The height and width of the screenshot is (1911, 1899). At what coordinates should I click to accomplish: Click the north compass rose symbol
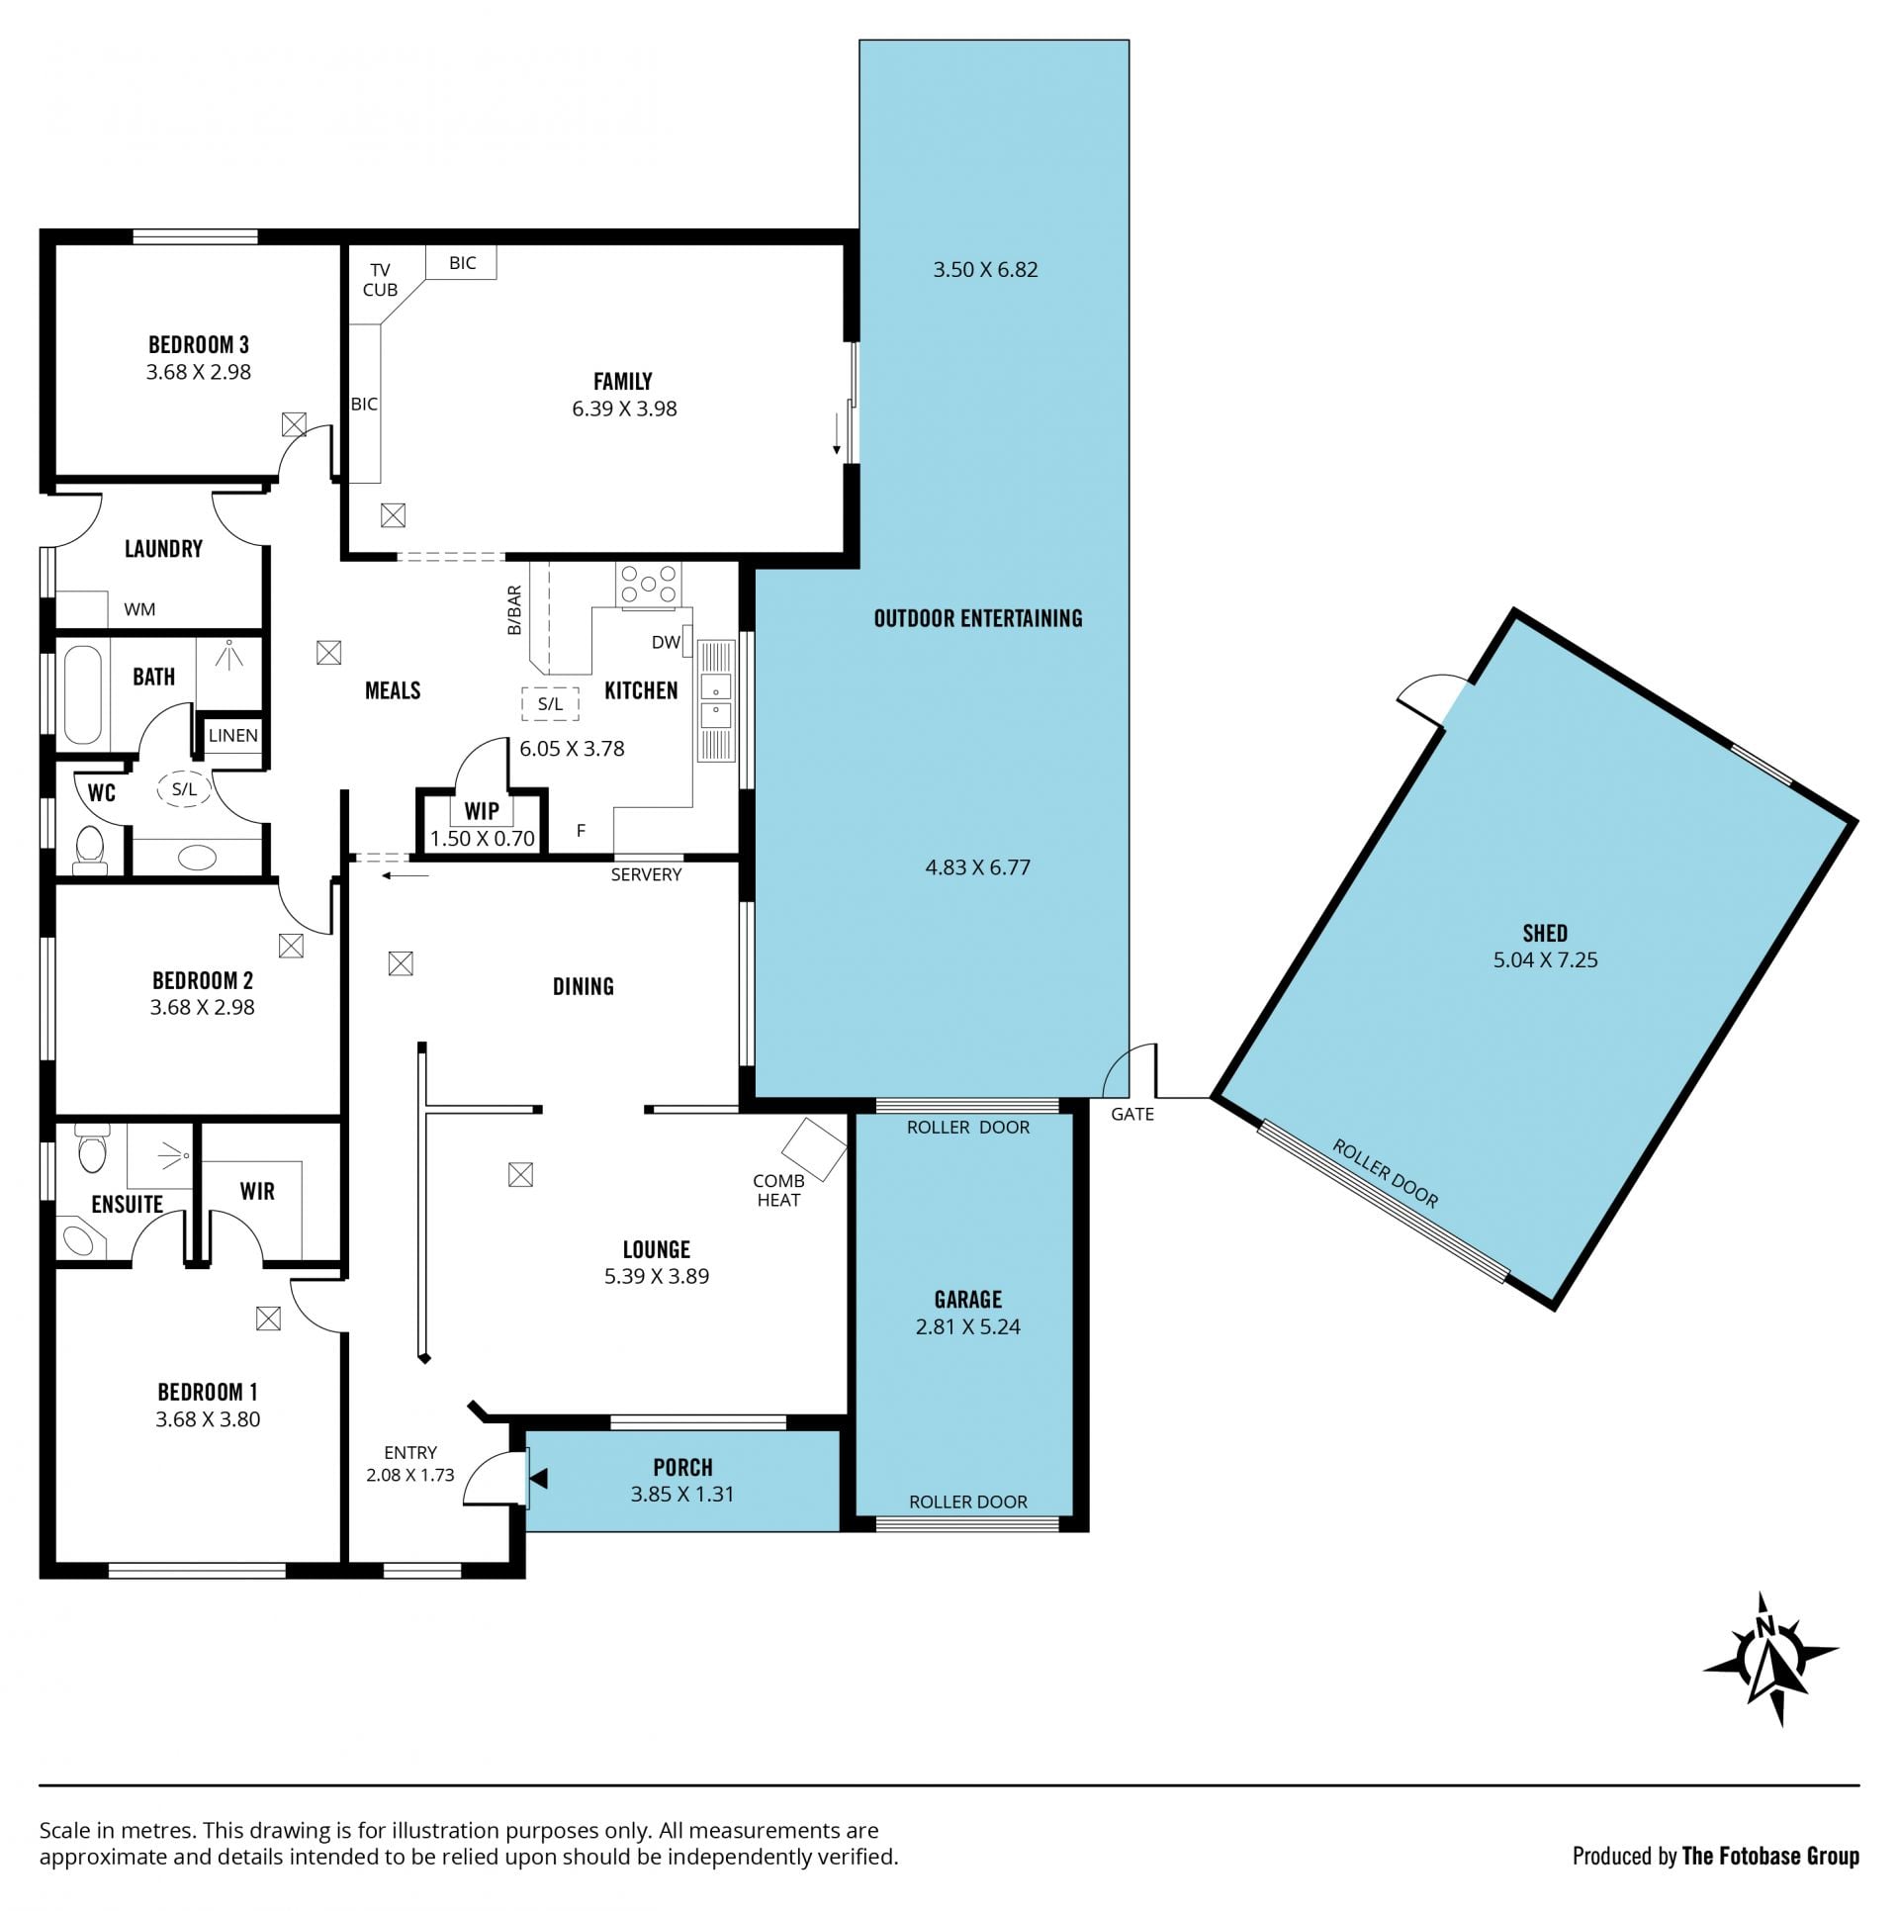1769,1671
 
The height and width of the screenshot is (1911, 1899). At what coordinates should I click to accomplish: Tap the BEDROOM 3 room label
199,345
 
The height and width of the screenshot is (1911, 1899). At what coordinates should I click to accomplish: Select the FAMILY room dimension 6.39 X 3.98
624,409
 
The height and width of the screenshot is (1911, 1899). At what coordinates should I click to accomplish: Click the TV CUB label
380,280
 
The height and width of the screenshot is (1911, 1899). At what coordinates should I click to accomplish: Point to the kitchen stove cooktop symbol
648,584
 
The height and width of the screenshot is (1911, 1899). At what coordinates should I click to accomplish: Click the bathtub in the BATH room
83,695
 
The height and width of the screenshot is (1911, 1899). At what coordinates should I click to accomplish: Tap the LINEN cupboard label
233,735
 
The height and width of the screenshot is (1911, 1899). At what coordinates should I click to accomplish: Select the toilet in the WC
91,850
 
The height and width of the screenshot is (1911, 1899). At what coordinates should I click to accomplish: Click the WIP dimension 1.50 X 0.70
483,839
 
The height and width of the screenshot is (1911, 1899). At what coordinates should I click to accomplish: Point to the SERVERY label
646,874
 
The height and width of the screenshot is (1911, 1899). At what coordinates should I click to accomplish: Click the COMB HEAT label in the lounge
778,1190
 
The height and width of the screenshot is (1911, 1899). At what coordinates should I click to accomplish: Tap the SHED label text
1545,933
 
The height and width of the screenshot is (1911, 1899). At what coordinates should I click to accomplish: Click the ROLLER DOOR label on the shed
1385,1173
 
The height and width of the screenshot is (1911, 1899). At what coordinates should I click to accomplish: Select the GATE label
1132,1114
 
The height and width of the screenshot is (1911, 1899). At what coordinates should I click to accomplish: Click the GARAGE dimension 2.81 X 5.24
968,1326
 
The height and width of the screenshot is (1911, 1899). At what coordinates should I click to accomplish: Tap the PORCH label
682,1468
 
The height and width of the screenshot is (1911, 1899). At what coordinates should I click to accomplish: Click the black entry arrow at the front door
539,1478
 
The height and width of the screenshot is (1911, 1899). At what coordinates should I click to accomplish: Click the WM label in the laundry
139,609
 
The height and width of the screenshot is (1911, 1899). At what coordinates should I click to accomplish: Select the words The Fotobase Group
1770,1856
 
